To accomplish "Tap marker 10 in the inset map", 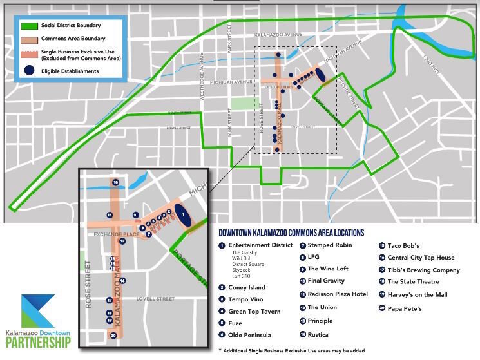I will [x=115, y=182].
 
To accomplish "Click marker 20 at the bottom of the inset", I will [x=114, y=335].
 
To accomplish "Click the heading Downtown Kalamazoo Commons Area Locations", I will [x=291, y=232].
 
